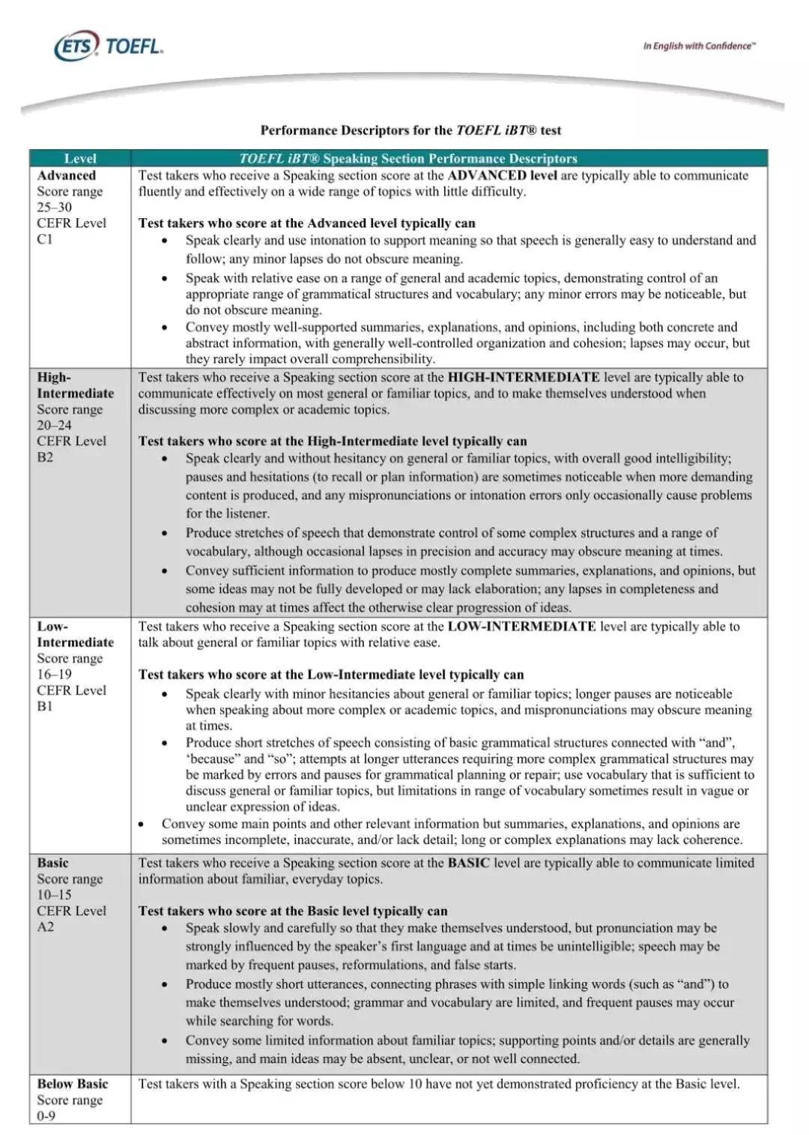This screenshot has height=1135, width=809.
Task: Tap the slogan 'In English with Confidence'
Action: click(699, 46)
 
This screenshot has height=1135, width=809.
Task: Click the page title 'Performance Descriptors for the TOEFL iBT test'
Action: click(410, 130)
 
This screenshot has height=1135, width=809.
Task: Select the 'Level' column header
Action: click(80, 158)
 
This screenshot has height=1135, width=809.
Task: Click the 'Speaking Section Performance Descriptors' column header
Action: click(408, 158)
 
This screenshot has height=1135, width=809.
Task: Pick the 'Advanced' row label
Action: click(67, 175)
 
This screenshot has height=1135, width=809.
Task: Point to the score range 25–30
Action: click(55, 207)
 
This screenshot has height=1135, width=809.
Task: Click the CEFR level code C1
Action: click(45, 239)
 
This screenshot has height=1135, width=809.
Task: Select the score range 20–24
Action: click(55, 425)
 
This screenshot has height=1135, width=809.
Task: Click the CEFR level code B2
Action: click(45, 457)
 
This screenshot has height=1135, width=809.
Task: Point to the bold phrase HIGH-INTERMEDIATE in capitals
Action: click(524, 377)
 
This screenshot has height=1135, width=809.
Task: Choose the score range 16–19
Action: click(55, 674)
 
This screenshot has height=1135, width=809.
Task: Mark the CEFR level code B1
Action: click(45, 706)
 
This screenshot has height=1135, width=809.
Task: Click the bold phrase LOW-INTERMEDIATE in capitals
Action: click(521, 626)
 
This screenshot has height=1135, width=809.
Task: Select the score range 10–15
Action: click(55, 894)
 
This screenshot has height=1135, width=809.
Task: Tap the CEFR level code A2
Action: click(45, 927)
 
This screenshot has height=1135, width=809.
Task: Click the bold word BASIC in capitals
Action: click(468, 863)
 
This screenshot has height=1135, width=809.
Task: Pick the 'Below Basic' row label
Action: click(73, 1084)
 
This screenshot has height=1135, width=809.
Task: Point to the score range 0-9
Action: click(46, 1116)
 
